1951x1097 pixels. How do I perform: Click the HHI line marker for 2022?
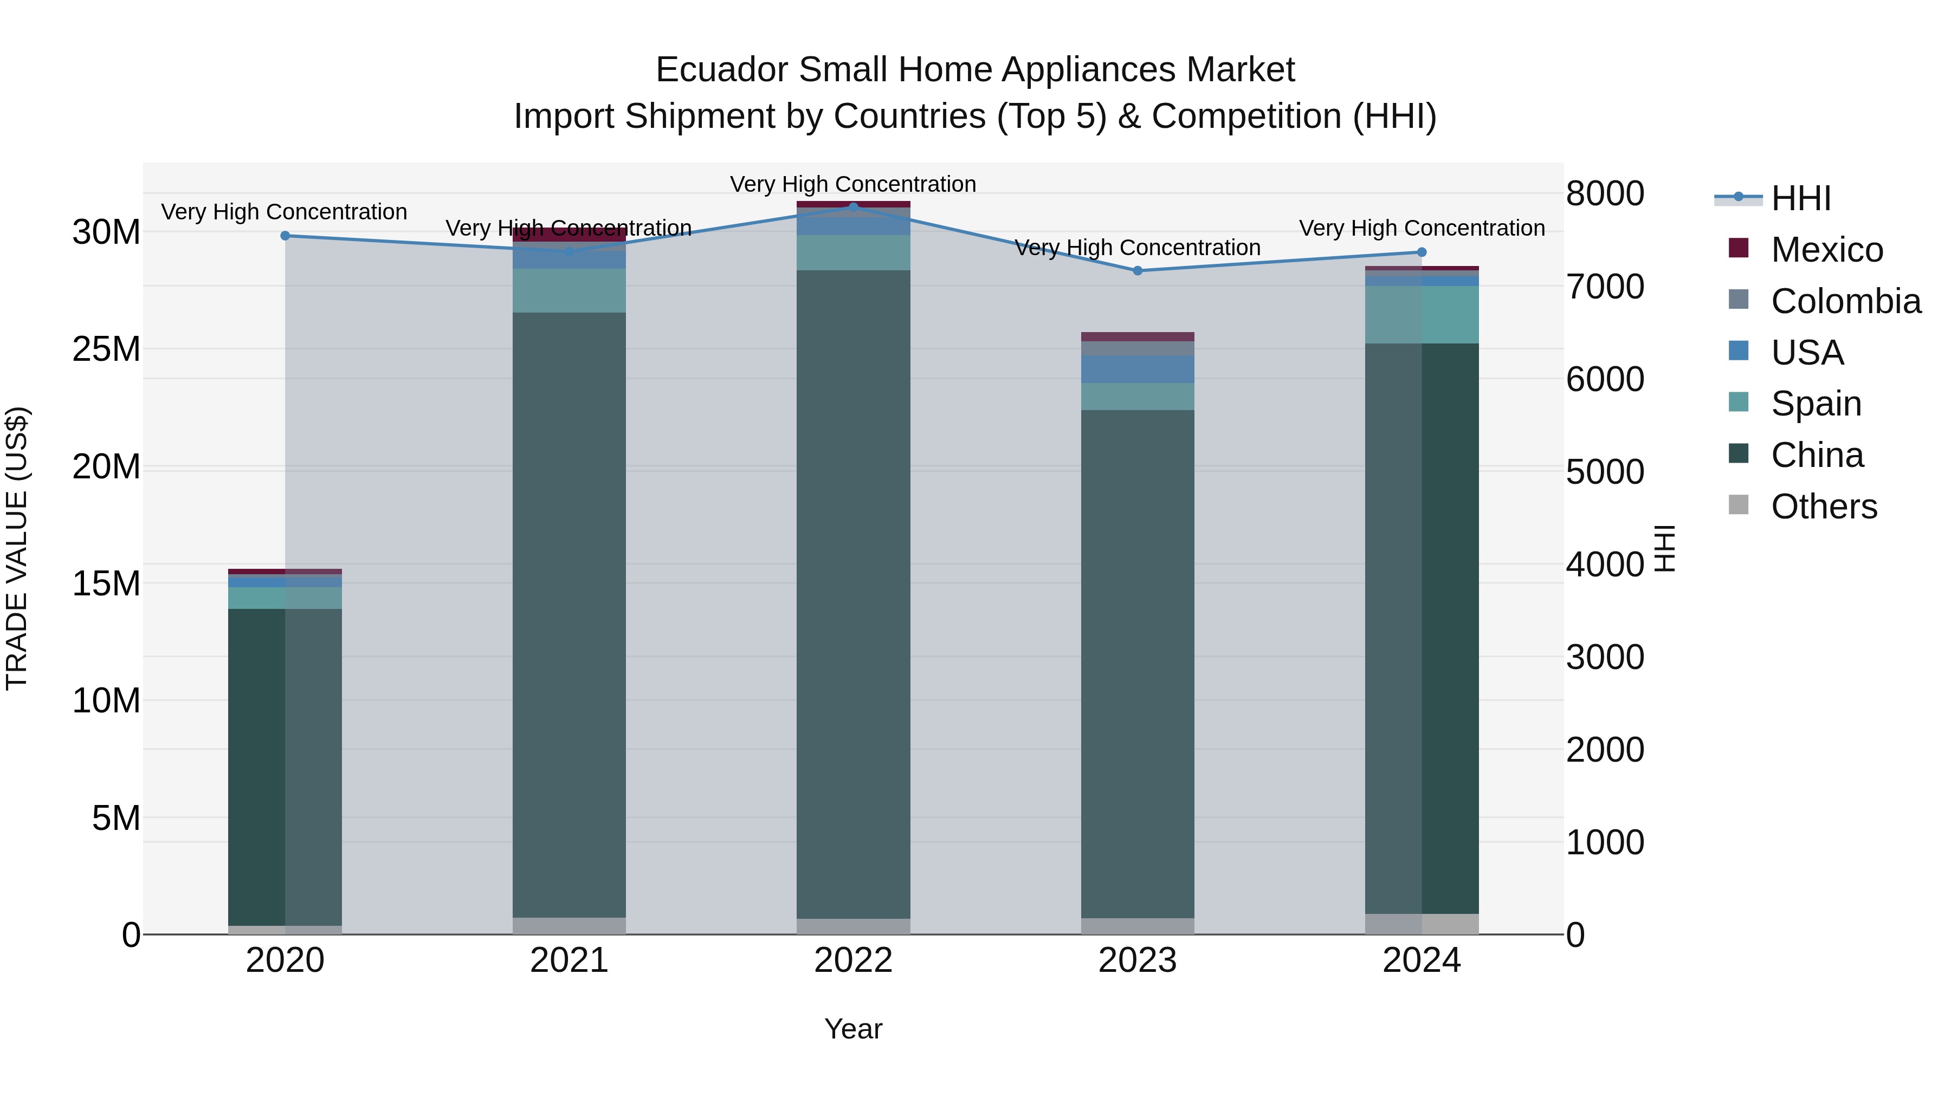pyautogui.click(x=854, y=207)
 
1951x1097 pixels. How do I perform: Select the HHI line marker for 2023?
pyautogui.click(x=1137, y=270)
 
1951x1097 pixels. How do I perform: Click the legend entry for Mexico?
pyautogui.click(x=1826, y=250)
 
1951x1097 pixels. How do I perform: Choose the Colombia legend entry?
pyautogui.click(x=1845, y=301)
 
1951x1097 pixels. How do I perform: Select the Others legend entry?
pyautogui.click(x=1823, y=507)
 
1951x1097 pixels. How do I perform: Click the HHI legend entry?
pyautogui.click(x=1800, y=198)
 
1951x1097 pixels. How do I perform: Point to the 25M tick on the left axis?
pyautogui.click(x=106, y=349)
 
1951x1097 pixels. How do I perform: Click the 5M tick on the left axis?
pyautogui.click(x=115, y=817)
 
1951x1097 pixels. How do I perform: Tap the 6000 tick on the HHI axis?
pyautogui.click(x=1605, y=379)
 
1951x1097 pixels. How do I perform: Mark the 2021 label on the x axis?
pyautogui.click(x=569, y=960)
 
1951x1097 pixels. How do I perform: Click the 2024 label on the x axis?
pyautogui.click(x=1421, y=960)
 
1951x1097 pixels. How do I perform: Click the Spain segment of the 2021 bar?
pyautogui.click(x=569, y=291)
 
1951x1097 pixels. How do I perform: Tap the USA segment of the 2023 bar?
pyautogui.click(x=1137, y=369)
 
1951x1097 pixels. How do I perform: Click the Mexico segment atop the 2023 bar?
pyautogui.click(x=1137, y=337)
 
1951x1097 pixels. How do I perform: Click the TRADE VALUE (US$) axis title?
pyautogui.click(x=17, y=549)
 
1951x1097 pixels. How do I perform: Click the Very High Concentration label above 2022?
pyautogui.click(x=853, y=184)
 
